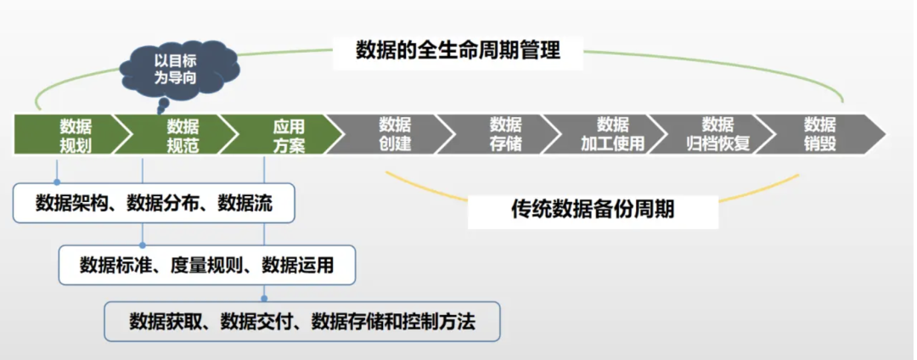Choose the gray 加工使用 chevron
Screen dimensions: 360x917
[x=612, y=134]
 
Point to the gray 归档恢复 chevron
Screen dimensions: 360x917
[x=718, y=134]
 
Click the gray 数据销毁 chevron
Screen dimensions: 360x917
[x=820, y=134]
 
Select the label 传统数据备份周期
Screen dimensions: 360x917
[x=593, y=209]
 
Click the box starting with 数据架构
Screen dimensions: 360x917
[x=154, y=204]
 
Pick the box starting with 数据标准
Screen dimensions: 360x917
[x=206, y=265]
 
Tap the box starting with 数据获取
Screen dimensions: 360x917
[x=302, y=322]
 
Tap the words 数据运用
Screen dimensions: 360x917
[x=297, y=265]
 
